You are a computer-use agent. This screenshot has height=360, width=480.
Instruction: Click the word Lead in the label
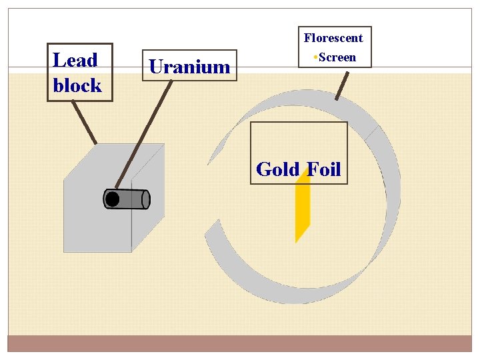pos(75,61)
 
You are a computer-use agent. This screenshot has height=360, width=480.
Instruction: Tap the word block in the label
pos(77,85)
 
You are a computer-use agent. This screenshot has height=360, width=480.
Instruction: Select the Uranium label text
pos(189,67)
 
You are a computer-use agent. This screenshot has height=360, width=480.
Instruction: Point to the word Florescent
pos(333,38)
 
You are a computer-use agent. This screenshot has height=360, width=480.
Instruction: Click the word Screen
pos(337,57)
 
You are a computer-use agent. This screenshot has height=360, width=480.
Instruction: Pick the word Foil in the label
pos(324,169)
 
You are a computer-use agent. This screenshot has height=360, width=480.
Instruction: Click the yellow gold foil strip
pos(303,213)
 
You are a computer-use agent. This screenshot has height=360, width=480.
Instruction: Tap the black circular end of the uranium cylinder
pos(113,199)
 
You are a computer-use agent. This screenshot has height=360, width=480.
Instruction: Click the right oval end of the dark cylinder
pos(146,199)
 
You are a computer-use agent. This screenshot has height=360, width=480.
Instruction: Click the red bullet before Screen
pos(315,57)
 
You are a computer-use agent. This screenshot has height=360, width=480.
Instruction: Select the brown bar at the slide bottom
pos(239,343)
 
